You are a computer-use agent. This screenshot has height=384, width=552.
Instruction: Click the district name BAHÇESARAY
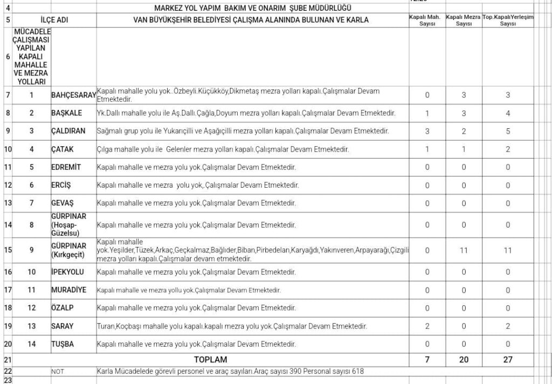coord(73,95)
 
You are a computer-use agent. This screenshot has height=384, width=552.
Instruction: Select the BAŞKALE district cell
coord(66,113)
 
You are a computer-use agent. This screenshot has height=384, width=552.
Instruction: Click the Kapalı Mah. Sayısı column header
coord(427,20)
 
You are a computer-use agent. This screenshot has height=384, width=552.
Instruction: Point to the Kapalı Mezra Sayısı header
coord(464,20)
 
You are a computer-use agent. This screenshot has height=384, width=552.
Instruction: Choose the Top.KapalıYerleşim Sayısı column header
coord(508,20)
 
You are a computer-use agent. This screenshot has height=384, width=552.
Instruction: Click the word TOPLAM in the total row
coord(210,359)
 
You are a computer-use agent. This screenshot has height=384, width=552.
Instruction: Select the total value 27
coord(508,359)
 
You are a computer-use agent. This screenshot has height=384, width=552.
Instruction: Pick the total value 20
coord(464,359)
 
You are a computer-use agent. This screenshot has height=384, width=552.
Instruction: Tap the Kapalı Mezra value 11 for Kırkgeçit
coord(464,250)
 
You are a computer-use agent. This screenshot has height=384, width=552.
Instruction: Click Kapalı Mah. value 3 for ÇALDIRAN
coord(427,131)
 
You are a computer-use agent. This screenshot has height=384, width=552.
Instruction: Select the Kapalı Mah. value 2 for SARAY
coord(427,326)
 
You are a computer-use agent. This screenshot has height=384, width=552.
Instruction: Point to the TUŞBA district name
coord(63,344)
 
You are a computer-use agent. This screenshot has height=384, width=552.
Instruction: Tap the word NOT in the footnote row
coord(58,372)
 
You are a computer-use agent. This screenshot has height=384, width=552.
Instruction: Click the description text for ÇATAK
coord(223,149)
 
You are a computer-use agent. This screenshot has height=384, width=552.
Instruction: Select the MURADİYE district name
coord(68,290)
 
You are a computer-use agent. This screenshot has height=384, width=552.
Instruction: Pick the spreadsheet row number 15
coord(8,250)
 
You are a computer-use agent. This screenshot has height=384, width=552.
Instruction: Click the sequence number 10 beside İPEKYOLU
coord(32,272)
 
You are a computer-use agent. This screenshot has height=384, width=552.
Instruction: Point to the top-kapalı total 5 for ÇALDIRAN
coord(508,131)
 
